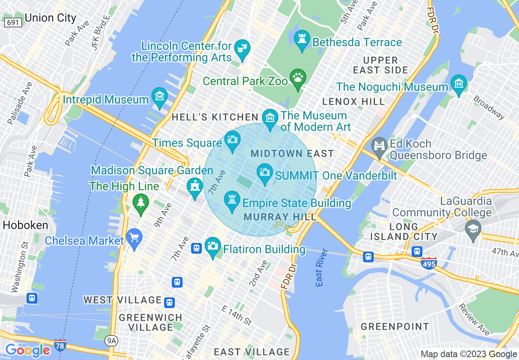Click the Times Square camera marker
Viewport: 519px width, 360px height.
pyautogui.click(x=232, y=139)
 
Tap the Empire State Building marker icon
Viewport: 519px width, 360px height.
pyautogui.click(x=232, y=200)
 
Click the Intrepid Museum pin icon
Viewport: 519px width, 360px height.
pyautogui.click(x=160, y=97)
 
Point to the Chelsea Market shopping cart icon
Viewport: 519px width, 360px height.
pyautogui.click(x=134, y=237)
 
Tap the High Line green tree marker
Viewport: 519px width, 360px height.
pyautogui.click(x=141, y=202)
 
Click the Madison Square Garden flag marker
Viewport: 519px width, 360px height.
pyautogui.click(x=195, y=187)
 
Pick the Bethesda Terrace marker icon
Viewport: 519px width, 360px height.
pyautogui.click(x=302, y=39)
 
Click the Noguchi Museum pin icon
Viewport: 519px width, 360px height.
pyautogui.click(x=458, y=83)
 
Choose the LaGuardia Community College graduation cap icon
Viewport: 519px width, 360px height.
pyautogui.click(x=473, y=228)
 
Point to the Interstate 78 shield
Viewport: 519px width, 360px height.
pyautogui.click(x=60, y=344)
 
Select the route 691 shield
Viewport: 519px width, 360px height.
pyautogui.click(x=13, y=22)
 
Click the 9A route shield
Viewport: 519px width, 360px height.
pyautogui.click(x=111, y=340)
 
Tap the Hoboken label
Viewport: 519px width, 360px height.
pyautogui.click(x=25, y=225)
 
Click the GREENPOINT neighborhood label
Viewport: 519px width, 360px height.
pyautogui.click(x=395, y=326)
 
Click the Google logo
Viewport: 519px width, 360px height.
pyautogui.click(x=28, y=350)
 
